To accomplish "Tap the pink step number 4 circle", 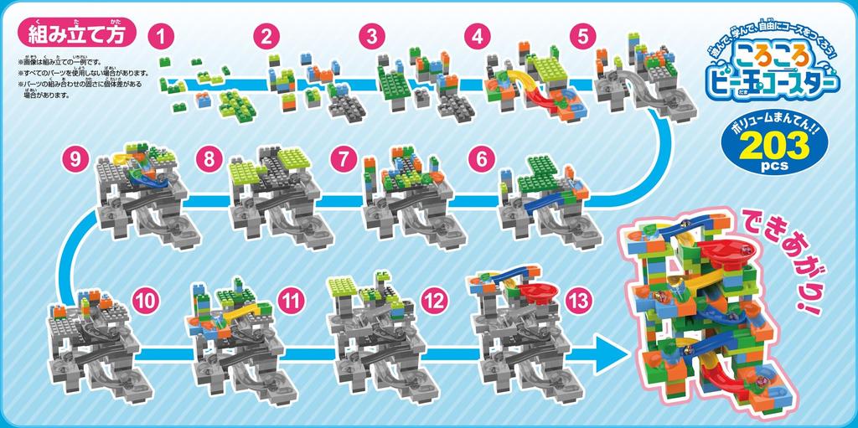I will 478,36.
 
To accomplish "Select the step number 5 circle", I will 583,36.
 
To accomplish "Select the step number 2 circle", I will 266,36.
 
